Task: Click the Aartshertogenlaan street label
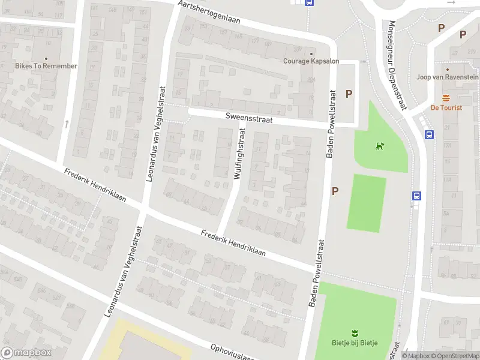(209, 13)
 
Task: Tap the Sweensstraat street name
(249, 120)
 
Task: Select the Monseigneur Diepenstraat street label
(397, 65)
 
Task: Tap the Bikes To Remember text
(47, 66)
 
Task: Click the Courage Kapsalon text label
(311, 61)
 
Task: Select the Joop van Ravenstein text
(448, 77)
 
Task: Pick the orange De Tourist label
(446, 108)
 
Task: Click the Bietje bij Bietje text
(355, 343)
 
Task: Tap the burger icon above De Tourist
(446, 98)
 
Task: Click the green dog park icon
(379, 145)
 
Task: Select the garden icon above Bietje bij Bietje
(355, 332)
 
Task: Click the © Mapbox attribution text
(416, 356)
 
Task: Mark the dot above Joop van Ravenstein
(448, 70)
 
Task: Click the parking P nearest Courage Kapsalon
(349, 94)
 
